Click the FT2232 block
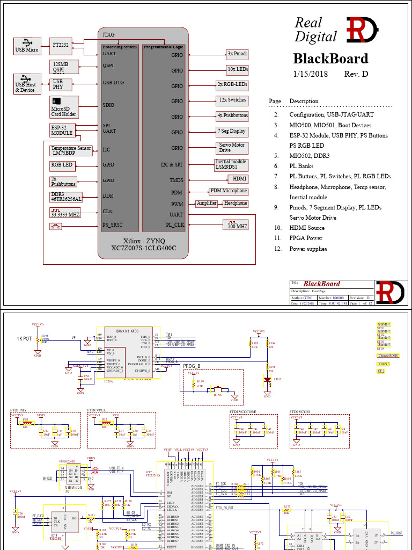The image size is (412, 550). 60,45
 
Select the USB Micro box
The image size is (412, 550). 27,46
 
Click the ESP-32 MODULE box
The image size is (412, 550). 62,130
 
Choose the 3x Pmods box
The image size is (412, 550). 237,54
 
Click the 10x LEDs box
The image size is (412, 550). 237,69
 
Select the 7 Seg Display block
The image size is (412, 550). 231,131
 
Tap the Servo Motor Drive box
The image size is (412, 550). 231,147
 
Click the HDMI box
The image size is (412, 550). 238,178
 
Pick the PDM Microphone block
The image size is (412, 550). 229,191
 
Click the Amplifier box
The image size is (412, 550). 207,203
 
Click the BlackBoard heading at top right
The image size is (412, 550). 330,59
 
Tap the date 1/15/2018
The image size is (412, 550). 310,74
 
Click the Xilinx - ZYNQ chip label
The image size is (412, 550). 144,241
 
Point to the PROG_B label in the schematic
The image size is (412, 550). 192,366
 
